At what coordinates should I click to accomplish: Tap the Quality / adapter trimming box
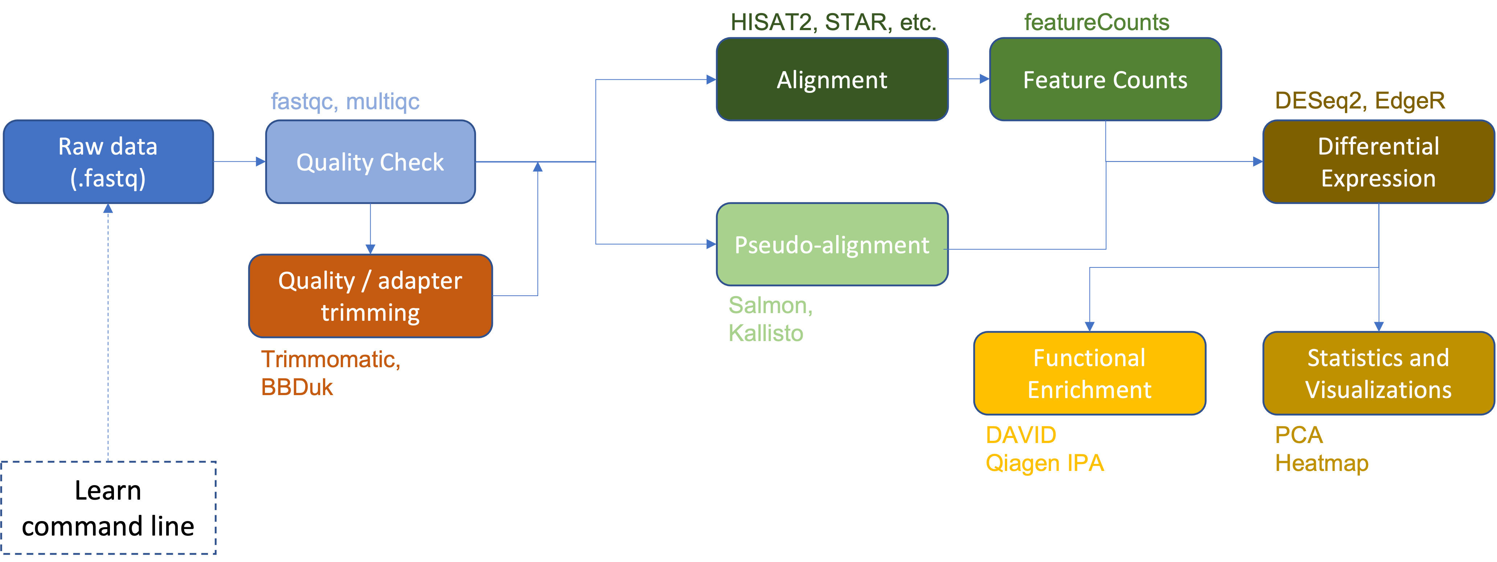370,296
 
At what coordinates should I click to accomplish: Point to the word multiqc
383,102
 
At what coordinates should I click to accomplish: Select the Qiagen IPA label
1044,464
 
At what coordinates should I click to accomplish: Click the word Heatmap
1321,464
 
